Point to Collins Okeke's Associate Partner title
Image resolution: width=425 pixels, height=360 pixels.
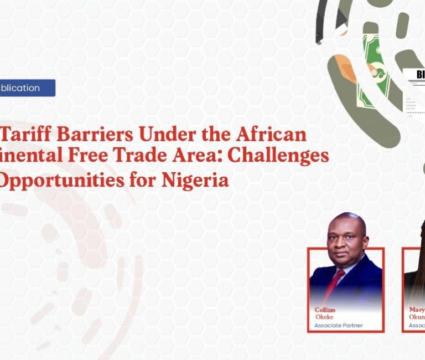click(339, 326)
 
